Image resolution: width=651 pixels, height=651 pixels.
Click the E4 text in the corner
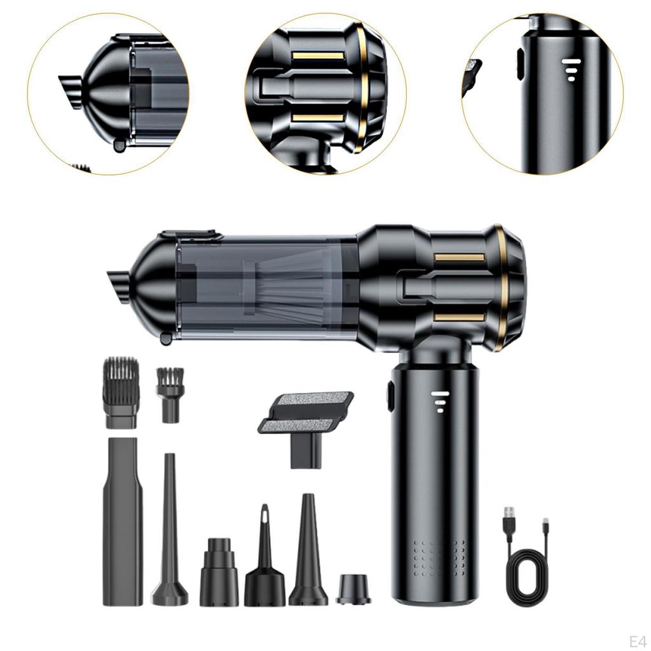636,639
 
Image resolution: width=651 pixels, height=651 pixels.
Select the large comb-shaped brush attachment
120,392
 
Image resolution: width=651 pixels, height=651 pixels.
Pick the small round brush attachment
170,394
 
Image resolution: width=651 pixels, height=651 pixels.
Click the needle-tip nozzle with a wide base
264,559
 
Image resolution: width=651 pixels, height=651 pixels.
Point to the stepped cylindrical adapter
219,572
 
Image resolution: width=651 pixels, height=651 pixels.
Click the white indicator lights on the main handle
439,401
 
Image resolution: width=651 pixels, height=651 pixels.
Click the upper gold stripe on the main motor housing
460,257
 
